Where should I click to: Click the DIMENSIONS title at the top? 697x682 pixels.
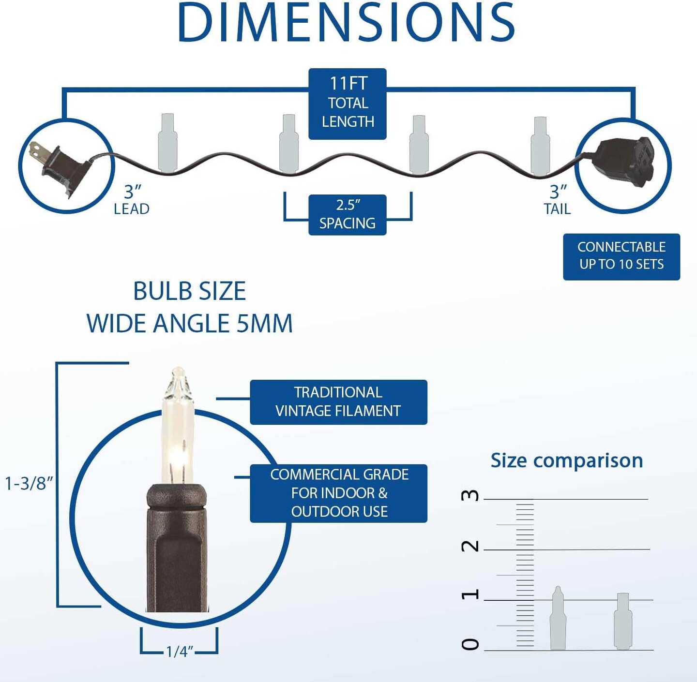point(347,23)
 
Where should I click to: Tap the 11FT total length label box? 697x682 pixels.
point(348,104)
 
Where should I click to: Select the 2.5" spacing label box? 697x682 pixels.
point(348,215)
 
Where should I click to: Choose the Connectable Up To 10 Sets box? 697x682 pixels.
point(621,256)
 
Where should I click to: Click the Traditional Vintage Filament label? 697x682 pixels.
point(338,402)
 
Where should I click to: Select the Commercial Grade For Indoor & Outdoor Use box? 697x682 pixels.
point(338,493)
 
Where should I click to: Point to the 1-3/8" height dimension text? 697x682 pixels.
point(29,483)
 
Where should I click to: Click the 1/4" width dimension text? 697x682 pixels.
point(180,652)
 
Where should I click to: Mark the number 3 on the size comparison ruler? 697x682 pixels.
point(470,495)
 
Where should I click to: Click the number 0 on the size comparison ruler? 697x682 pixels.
point(470,644)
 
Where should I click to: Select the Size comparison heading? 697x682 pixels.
point(566,460)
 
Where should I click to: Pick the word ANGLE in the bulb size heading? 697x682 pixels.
point(191,324)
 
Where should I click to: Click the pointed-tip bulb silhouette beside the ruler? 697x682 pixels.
point(558,619)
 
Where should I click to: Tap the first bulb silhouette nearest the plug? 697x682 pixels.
point(167,143)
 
